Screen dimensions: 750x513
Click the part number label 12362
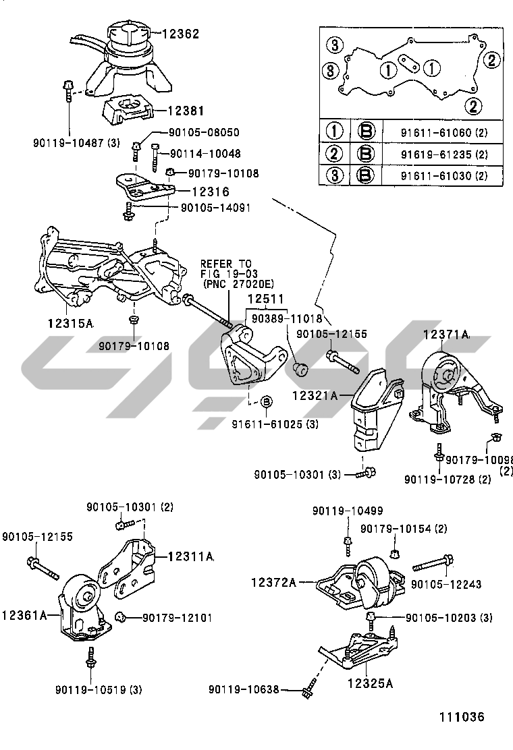(181, 32)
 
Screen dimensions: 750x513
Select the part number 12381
(186, 111)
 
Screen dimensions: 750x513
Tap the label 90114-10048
(205, 154)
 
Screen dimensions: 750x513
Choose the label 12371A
(446, 334)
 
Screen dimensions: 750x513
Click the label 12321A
(315, 396)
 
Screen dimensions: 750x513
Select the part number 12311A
(190, 556)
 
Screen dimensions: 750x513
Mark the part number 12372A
(274, 581)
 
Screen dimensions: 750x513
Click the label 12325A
(370, 683)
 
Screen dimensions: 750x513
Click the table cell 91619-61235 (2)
(443, 154)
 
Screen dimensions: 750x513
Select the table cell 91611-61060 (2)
(443, 132)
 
